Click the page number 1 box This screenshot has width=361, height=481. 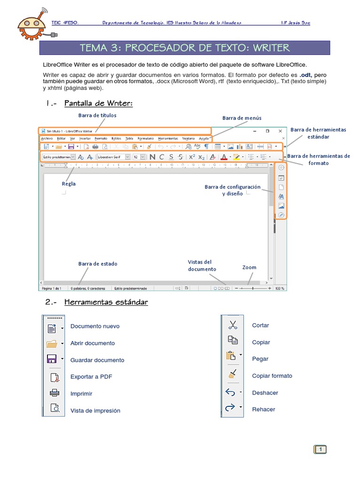pyautogui.click(x=320, y=450)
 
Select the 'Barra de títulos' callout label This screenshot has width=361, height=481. pyautogui.click(x=97, y=115)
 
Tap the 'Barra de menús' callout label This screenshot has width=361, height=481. pyautogui.click(x=242, y=118)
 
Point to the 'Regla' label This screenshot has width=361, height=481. pyautogui.click(x=69, y=184)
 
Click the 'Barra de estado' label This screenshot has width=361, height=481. pyautogui.click(x=98, y=264)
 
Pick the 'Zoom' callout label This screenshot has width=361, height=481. pyautogui.click(x=249, y=267)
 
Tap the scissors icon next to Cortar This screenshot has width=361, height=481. pyautogui.click(x=232, y=325)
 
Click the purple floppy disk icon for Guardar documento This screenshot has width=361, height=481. pyautogui.click(x=52, y=359)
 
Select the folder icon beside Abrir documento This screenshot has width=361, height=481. pyautogui.click(x=52, y=343)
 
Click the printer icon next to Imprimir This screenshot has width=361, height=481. pyautogui.click(x=55, y=393)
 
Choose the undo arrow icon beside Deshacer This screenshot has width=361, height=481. pyautogui.click(x=230, y=392)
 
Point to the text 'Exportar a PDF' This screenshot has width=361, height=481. pyautogui.click(x=91, y=377)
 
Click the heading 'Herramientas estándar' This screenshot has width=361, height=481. pyautogui.click(x=106, y=302)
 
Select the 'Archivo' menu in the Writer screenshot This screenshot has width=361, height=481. pyautogui.click(x=47, y=139)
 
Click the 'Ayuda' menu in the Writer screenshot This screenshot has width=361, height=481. pyautogui.click(x=204, y=139)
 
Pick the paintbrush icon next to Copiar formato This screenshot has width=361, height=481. pyautogui.click(x=232, y=375)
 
